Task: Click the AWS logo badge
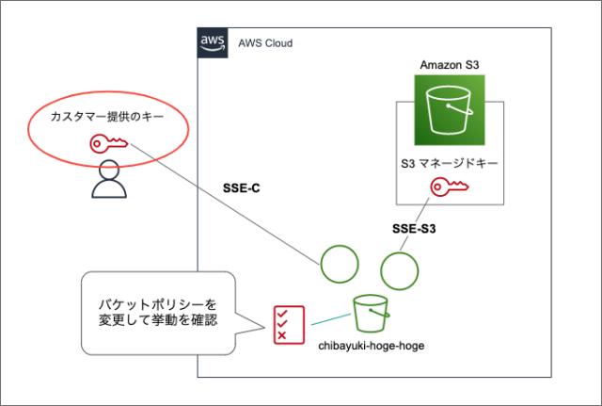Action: (x=212, y=42)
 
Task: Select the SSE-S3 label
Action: (x=414, y=229)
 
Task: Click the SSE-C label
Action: (x=242, y=188)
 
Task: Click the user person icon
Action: (x=108, y=180)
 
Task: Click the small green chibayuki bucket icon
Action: (x=369, y=312)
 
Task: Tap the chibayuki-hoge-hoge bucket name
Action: (x=372, y=346)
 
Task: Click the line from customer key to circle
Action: (x=226, y=203)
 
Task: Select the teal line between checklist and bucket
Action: (x=324, y=318)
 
